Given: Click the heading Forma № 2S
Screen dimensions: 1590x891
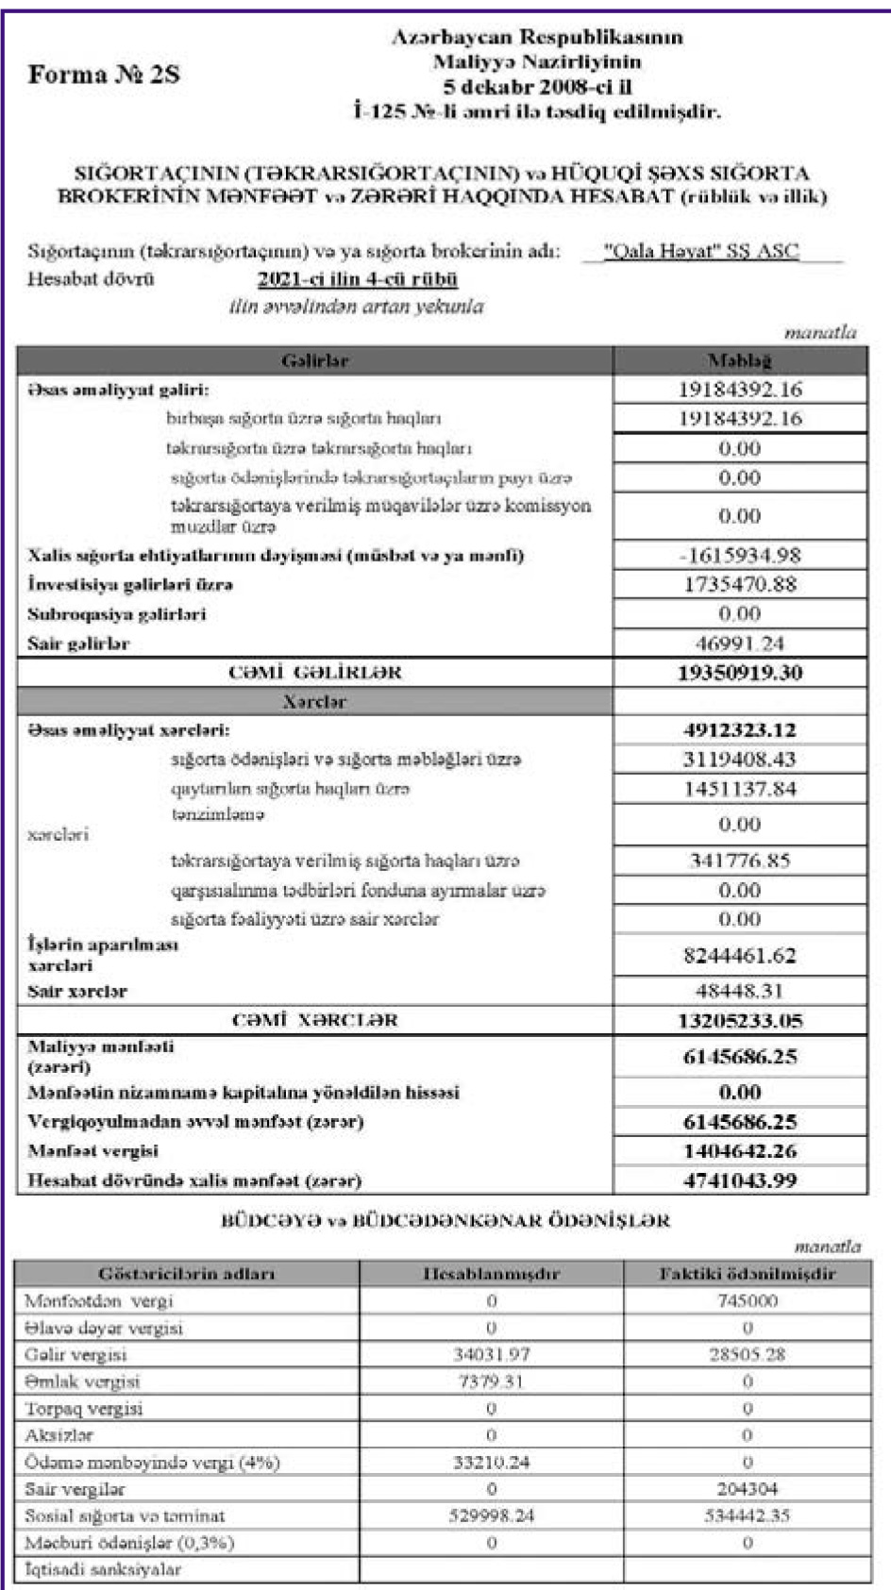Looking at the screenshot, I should (104, 75).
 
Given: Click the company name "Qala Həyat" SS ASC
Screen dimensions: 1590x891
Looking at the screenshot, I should (700, 252).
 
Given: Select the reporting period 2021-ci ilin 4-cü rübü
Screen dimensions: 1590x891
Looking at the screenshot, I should (357, 279).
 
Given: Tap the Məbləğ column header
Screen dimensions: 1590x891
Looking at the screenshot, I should (739, 360).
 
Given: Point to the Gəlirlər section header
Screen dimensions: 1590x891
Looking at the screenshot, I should (314, 360).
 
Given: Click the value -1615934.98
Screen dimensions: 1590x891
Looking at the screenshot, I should (739, 556).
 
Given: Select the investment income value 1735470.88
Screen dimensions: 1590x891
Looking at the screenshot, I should (739, 585).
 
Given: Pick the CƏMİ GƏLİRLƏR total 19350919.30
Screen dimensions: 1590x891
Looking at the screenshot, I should (739, 673).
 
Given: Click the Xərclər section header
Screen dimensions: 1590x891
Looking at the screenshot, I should (314, 702).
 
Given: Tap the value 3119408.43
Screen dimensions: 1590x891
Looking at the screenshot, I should (739, 760).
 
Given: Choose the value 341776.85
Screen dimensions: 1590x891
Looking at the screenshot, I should (739, 861).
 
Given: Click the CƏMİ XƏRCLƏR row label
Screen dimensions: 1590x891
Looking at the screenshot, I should (314, 1020).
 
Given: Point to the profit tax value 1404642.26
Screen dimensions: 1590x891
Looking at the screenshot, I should (739, 1151).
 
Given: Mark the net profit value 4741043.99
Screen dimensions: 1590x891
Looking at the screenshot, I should (739, 1180).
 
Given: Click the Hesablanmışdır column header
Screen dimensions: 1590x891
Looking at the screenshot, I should (491, 1274).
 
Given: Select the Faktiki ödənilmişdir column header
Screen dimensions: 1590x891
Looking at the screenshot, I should (747, 1274).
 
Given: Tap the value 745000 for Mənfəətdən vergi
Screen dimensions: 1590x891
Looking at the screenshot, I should (747, 1301).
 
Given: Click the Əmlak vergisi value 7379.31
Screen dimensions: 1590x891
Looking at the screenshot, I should (491, 1381).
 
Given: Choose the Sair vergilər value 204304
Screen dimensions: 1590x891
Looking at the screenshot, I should (747, 1489).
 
